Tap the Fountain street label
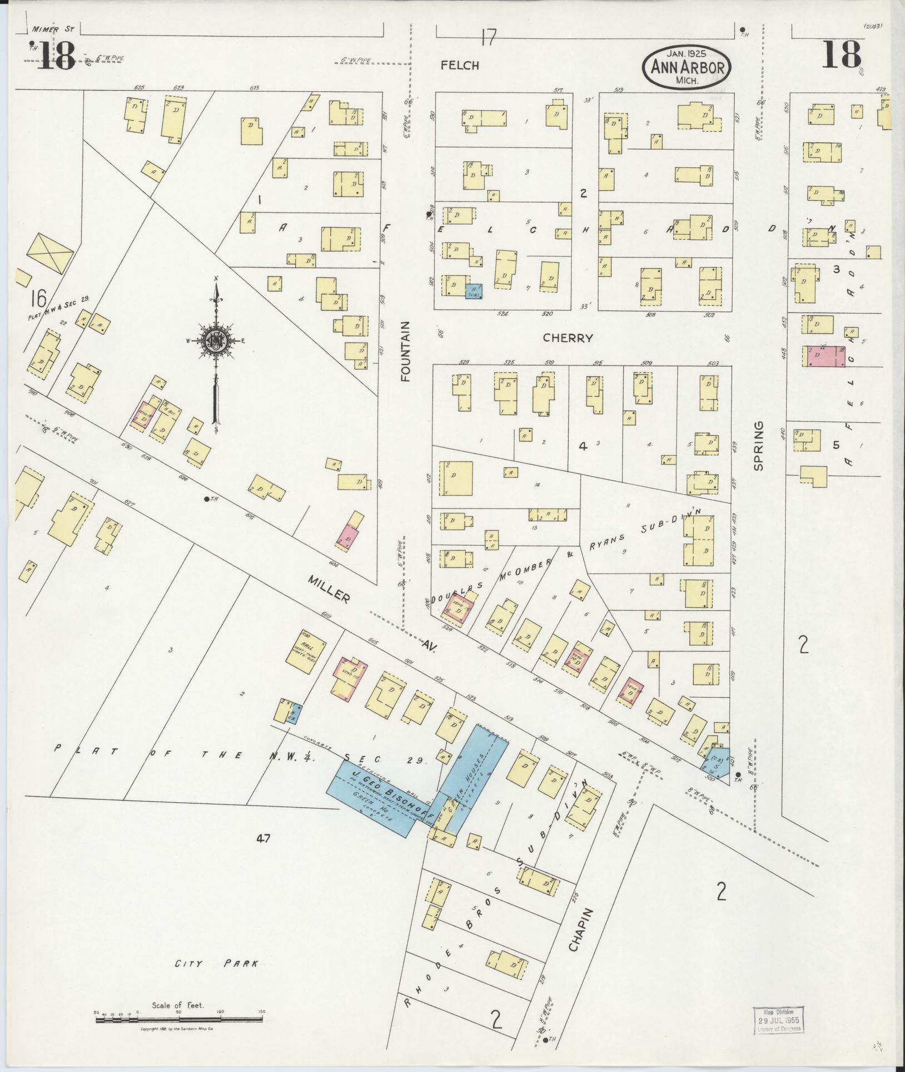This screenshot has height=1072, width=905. coord(405,351)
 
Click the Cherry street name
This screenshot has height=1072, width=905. coord(568,338)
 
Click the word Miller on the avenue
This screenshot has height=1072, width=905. coord(330,589)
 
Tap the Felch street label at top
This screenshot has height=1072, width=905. coord(460,65)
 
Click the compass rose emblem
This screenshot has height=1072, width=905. coord(215,339)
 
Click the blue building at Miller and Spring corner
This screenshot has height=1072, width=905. coord(717,757)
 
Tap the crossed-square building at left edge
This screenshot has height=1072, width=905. coord(49,253)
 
